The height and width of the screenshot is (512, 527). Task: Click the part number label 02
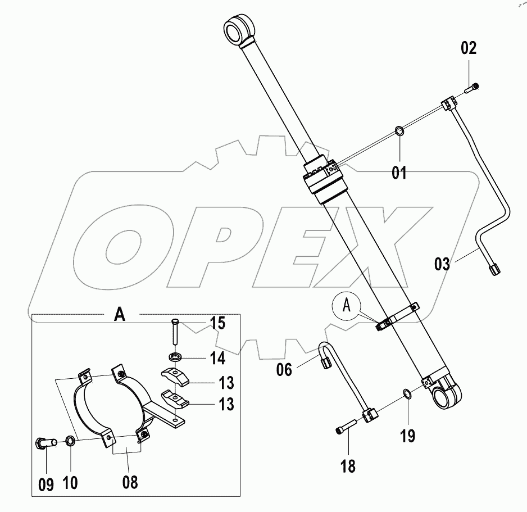click(x=469, y=48)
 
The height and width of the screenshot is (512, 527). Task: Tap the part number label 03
click(x=442, y=263)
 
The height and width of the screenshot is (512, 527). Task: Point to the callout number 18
click(x=348, y=466)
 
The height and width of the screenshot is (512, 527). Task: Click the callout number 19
click(x=408, y=434)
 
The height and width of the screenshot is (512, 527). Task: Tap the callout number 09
click(x=47, y=484)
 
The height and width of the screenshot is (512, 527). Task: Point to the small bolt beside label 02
click(x=472, y=87)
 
